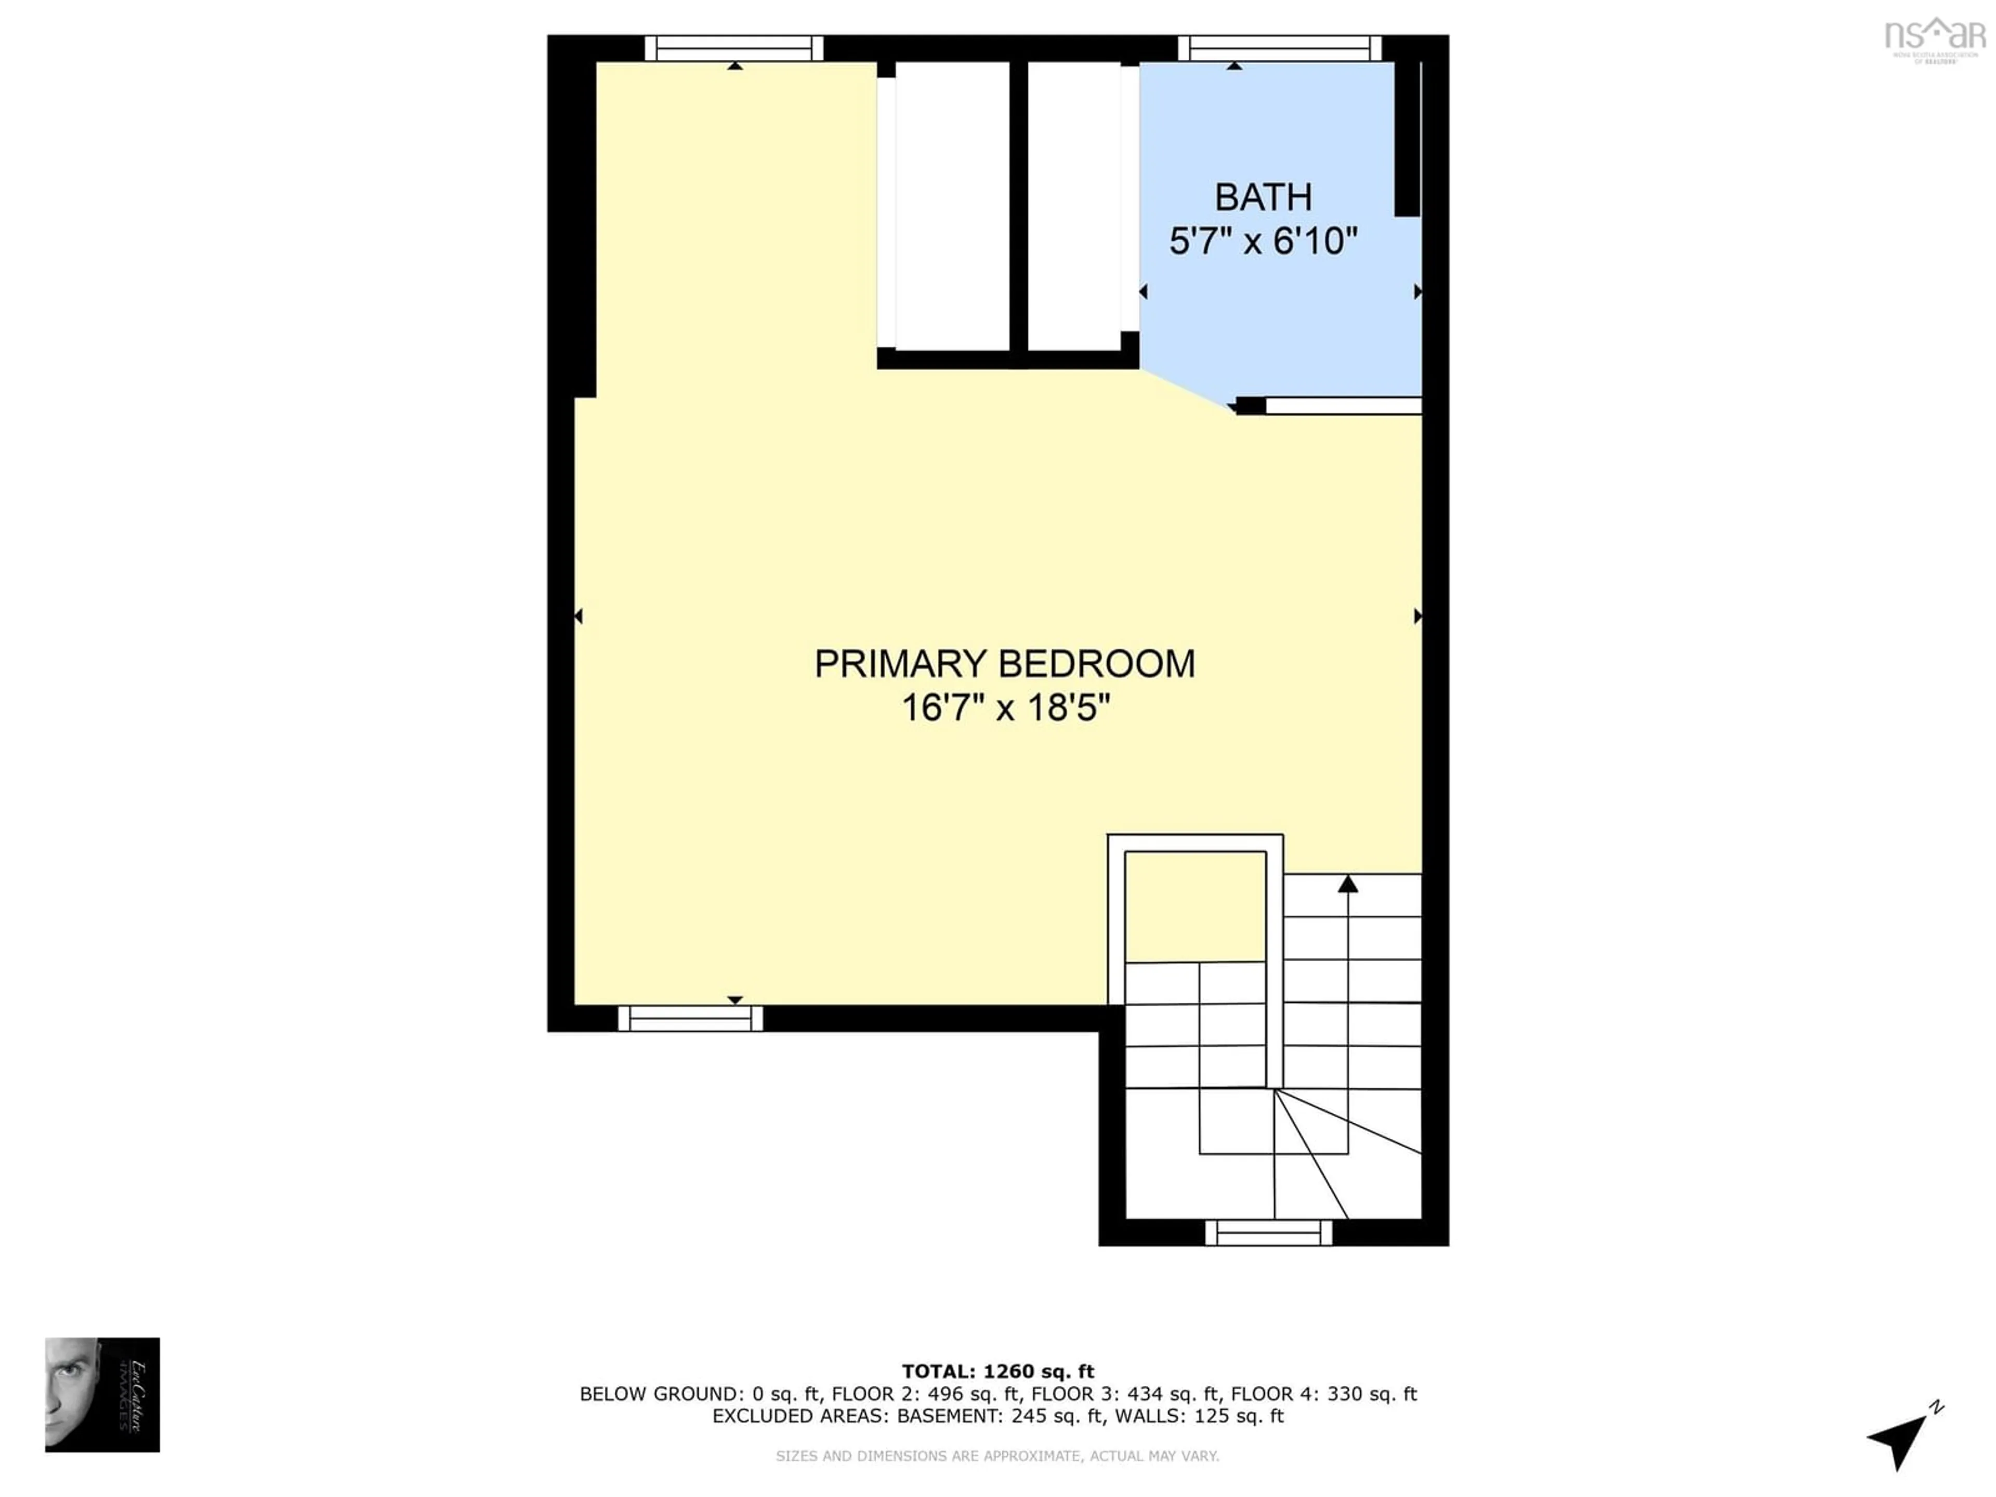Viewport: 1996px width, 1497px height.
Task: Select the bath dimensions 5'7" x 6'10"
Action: pos(1263,242)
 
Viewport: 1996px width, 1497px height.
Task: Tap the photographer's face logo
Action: pos(102,1394)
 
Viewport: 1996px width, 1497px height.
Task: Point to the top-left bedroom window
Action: pos(733,48)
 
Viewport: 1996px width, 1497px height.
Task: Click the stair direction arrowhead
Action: pos(1347,884)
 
